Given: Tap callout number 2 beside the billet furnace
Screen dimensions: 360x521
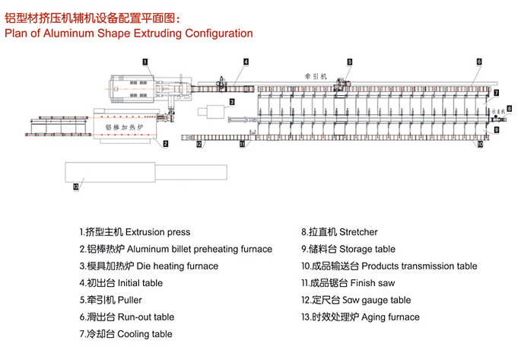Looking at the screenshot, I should (165, 143).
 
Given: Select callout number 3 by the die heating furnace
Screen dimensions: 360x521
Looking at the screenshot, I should (231, 100).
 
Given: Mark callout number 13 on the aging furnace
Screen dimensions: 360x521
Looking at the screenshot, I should (75, 184).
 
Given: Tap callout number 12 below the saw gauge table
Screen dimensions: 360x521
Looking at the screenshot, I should (199, 143).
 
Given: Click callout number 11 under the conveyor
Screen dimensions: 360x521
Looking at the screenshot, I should (242, 143).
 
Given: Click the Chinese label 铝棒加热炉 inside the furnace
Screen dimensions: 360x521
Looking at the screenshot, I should (123, 126).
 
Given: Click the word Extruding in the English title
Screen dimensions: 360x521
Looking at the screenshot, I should (145, 33).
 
